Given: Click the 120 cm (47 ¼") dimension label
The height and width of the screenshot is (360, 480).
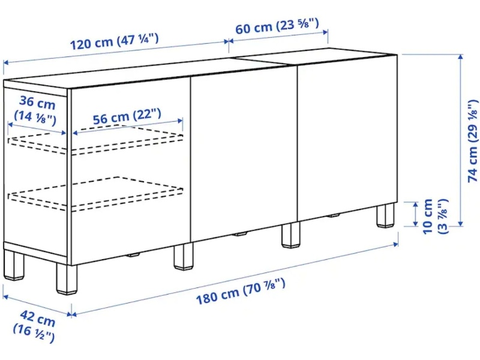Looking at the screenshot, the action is (115, 41).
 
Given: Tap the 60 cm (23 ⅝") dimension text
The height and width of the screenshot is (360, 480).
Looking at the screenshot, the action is (277, 26).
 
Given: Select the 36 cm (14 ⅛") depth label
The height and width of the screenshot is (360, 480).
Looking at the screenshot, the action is (36, 110).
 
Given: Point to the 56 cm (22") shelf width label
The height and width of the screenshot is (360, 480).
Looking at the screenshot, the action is (127, 116).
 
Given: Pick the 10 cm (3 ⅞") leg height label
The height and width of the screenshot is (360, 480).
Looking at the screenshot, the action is (434, 217).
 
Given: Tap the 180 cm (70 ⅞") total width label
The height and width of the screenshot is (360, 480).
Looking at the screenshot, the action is (241, 292).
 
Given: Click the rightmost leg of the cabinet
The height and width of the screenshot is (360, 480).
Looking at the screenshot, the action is (385, 215).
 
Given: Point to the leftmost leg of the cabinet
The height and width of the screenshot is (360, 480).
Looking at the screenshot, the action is (14, 265).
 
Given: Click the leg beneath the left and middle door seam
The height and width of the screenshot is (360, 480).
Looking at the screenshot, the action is (184, 257).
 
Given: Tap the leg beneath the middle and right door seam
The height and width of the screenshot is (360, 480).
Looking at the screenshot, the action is (291, 235).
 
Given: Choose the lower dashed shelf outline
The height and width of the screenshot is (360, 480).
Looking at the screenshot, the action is (95, 194).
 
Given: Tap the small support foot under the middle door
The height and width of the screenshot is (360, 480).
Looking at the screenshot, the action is (241, 235).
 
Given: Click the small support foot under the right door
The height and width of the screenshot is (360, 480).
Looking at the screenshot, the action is (335, 215).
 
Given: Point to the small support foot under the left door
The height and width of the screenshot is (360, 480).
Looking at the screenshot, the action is (133, 254).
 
